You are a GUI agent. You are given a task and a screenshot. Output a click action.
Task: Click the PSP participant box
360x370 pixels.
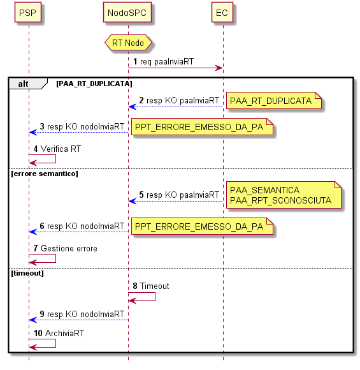click(28, 13)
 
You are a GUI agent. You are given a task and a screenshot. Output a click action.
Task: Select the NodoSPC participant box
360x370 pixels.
click(127, 13)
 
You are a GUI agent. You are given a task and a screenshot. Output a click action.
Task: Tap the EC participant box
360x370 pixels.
click(222, 13)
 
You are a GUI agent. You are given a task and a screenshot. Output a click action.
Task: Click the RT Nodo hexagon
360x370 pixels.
click(128, 43)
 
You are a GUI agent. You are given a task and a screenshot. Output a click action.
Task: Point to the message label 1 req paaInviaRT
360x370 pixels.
click(163, 62)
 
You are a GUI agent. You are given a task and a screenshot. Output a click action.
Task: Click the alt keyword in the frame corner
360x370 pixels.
click(23, 84)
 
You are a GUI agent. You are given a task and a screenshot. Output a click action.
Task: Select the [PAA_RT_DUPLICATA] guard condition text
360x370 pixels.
click(94, 84)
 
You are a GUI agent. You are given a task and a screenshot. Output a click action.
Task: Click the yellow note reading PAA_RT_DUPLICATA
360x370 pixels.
click(274, 101)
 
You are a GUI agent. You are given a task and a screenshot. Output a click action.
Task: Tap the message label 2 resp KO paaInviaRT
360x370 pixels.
click(179, 101)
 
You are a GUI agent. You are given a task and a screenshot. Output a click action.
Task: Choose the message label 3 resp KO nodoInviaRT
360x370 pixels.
click(82, 126)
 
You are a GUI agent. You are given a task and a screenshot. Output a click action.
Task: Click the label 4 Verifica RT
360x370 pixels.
click(57, 149)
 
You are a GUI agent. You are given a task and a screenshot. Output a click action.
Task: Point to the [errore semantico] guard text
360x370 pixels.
click(45, 174)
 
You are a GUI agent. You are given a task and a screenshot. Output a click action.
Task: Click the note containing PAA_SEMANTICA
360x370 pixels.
click(284, 195)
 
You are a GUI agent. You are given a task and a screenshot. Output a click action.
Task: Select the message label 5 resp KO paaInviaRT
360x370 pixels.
click(179, 195)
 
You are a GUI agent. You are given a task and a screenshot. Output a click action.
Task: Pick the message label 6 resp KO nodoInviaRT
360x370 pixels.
click(82, 226)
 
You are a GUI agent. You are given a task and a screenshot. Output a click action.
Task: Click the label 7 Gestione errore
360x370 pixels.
click(65, 249)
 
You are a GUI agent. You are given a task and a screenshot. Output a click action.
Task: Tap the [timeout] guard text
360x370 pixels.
click(27, 273)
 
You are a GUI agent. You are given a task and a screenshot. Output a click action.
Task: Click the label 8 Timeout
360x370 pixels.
click(151, 286)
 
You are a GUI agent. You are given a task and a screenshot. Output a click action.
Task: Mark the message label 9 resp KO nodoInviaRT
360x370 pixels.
click(82, 314)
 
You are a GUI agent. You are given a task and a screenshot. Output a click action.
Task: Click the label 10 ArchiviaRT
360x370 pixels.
click(59, 333)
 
